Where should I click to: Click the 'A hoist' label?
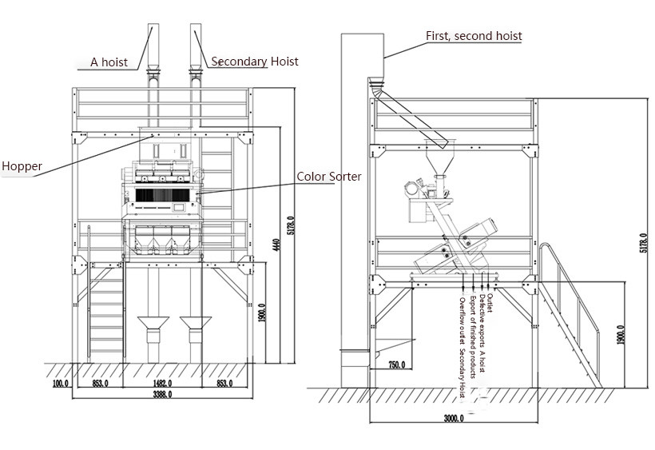click(109, 62)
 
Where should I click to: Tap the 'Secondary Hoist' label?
click(255, 61)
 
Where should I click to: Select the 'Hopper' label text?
click(22, 166)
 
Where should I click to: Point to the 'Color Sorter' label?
click(328, 177)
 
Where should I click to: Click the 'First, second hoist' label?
click(474, 36)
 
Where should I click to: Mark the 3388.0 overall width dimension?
click(164, 393)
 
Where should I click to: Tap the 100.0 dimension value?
click(61, 383)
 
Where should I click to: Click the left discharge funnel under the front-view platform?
click(153, 329)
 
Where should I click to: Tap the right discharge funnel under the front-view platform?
click(195, 329)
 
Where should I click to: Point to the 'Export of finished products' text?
click(471, 337)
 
